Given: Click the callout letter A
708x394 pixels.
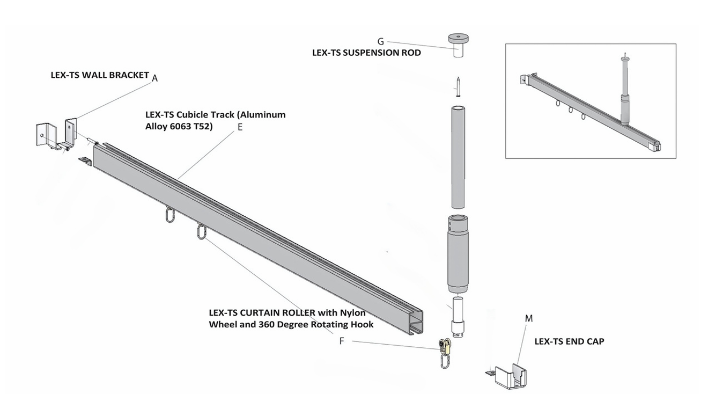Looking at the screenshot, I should coord(154,78).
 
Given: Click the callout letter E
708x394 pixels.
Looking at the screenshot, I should coord(240,127).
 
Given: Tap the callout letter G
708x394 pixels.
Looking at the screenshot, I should coord(380,41).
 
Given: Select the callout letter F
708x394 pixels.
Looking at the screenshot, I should coord(342,341).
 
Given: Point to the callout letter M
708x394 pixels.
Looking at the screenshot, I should coord(529,318).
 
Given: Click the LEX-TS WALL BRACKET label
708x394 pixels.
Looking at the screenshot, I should coord(100,75).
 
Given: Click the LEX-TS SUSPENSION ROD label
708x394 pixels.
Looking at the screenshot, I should coord(366,53).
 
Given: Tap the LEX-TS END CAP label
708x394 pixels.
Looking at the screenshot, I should coord(569,341).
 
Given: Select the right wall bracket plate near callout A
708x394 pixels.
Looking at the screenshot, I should coord(71,131).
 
